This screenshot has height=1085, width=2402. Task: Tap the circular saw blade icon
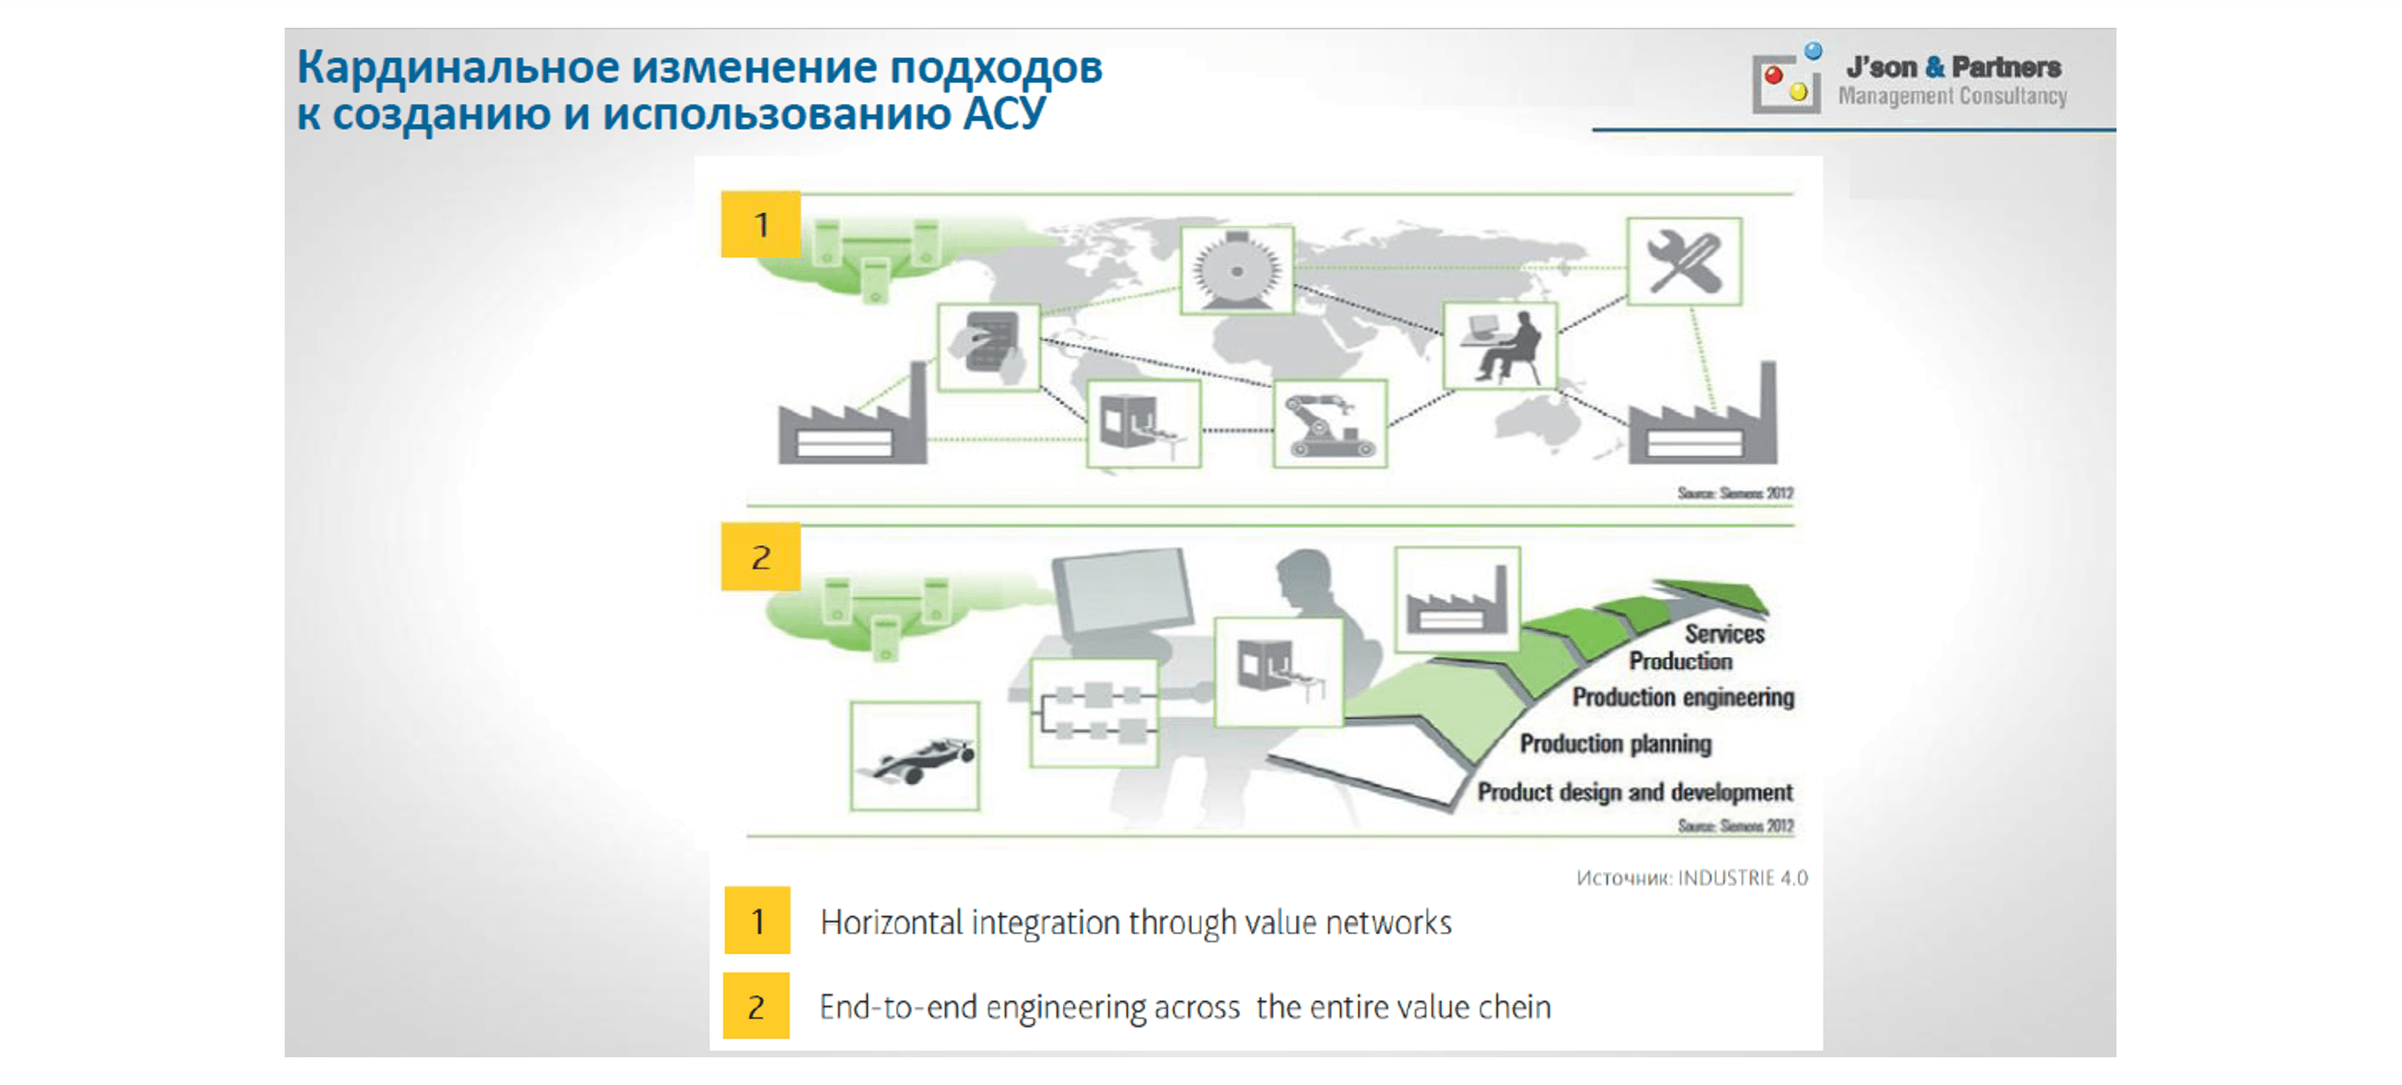(x=1236, y=269)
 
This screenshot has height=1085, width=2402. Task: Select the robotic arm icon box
(x=1330, y=423)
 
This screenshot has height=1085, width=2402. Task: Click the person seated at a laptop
(x=1500, y=346)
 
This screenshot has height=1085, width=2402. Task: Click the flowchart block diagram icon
(x=1094, y=713)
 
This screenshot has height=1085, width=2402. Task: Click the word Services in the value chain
(x=1724, y=634)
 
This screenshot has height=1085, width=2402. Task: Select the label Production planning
(x=1615, y=744)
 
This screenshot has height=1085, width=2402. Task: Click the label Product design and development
(x=1634, y=793)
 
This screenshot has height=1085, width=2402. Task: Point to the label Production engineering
(x=1682, y=697)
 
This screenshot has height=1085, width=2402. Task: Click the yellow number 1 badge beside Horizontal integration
(x=757, y=921)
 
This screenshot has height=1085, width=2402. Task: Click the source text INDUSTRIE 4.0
(x=1741, y=878)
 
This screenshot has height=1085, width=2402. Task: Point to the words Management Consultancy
(x=1952, y=96)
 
